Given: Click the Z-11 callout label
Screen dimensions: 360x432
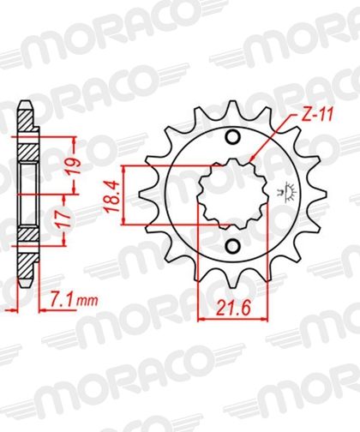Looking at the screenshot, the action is [317, 117].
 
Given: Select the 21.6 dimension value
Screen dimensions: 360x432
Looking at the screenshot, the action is [233, 309].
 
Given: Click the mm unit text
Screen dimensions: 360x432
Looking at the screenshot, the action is [88, 301].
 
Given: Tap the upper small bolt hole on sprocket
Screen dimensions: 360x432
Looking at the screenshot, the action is [233, 137].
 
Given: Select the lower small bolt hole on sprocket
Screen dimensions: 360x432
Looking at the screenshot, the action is [233, 245].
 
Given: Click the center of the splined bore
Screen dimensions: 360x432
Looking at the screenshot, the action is [233, 194].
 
